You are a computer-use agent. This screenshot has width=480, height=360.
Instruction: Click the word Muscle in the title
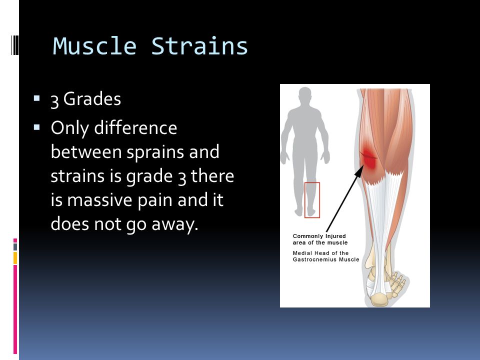pos(94,46)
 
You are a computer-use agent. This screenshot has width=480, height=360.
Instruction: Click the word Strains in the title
pos(199,46)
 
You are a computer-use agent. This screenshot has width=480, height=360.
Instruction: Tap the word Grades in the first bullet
pos(92,99)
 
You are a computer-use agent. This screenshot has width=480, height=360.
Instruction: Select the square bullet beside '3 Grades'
pos(36,98)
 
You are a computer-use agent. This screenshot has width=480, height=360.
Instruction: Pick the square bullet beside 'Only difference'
pos(36,127)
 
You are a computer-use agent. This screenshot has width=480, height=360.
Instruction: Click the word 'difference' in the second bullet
pos(135,127)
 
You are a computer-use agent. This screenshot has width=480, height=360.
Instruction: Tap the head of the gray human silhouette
pos(305,96)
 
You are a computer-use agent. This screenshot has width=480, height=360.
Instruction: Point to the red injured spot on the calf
pos(368,157)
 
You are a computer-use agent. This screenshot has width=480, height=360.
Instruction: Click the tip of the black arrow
pos(363,165)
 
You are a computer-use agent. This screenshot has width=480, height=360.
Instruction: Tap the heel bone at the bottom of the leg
pos(379,299)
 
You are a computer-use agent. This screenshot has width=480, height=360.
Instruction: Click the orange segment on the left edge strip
pos(15,258)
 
